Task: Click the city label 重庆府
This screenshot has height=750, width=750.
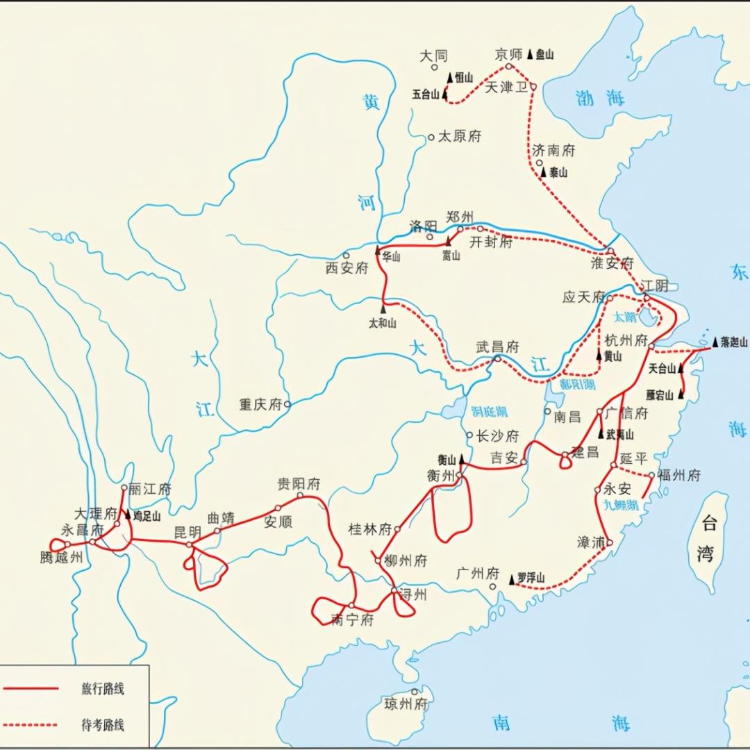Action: click(x=260, y=404)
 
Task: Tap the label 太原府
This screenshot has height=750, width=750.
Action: click(x=459, y=137)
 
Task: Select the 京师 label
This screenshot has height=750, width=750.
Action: click(x=511, y=54)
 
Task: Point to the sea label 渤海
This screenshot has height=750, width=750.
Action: click(x=600, y=99)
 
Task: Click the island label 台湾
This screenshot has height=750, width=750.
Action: click(x=707, y=537)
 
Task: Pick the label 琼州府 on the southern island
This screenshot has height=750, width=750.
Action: click(x=406, y=704)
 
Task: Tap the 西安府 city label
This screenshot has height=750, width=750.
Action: click(x=347, y=268)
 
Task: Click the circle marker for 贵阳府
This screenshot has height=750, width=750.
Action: click(x=300, y=496)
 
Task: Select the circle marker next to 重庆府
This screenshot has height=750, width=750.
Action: click(x=287, y=403)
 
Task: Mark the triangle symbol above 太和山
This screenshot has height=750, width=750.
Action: click(x=383, y=308)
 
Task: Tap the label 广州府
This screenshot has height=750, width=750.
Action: click(x=478, y=574)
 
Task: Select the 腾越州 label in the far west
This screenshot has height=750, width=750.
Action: click(x=62, y=557)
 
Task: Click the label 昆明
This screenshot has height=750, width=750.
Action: click(x=187, y=533)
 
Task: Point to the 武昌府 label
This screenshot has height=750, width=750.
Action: click(x=497, y=347)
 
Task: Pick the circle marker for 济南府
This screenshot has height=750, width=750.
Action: click(x=539, y=162)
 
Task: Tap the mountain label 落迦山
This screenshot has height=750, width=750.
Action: click(x=734, y=342)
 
